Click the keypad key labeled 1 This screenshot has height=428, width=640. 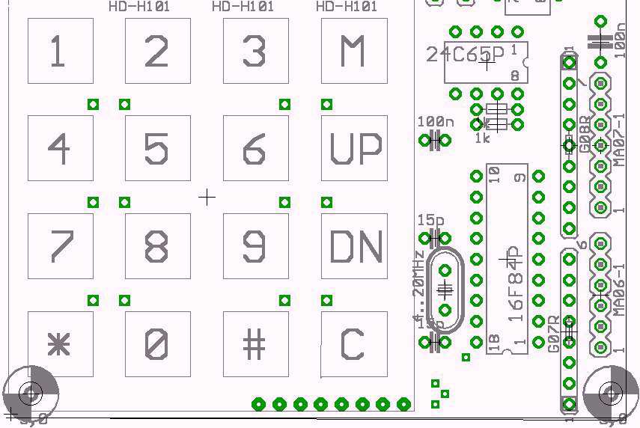(x=60, y=51)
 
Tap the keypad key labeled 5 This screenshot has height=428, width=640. (x=157, y=148)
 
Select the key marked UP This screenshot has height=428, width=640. (x=354, y=148)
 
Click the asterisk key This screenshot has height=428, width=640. (x=60, y=344)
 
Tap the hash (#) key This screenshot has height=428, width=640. (x=255, y=344)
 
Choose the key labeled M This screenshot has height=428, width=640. (x=354, y=51)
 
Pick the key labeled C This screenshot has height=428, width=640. (x=354, y=344)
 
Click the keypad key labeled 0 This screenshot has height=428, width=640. (x=157, y=344)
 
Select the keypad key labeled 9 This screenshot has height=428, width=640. (x=255, y=246)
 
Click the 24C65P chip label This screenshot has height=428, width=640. (x=465, y=54)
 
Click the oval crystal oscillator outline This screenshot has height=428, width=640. (x=445, y=289)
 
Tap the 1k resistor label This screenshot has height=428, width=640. (x=482, y=138)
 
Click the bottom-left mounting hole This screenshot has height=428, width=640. (x=31, y=391)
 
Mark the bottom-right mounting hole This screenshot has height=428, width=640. (x=611, y=391)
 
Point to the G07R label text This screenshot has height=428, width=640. (x=554, y=334)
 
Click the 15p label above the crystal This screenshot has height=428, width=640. (x=430, y=221)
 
